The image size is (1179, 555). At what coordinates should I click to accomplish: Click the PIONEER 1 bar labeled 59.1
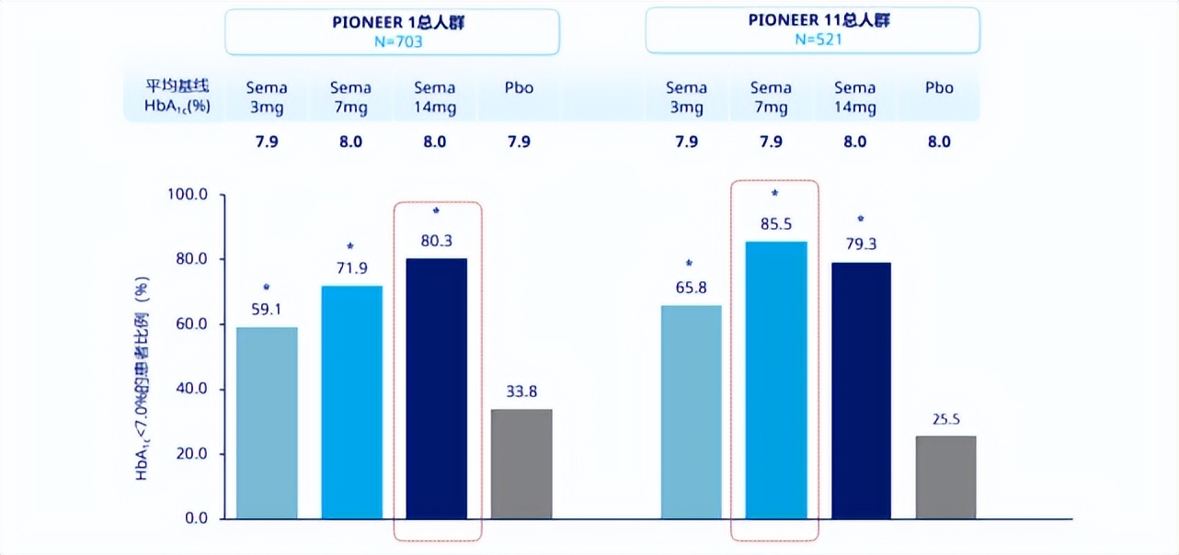(267, 423)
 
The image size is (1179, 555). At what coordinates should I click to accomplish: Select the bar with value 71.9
(351, 402)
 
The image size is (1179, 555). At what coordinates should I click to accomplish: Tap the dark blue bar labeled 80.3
(437, 389)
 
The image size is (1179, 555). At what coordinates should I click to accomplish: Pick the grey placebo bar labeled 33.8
(521, 464)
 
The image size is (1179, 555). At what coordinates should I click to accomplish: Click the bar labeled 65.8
(692, 412)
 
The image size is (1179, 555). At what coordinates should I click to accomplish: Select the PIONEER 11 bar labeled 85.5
(776, 379)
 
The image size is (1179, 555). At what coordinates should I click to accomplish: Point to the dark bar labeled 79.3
(861, 391)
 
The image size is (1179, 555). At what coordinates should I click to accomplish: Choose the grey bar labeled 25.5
(945, 477)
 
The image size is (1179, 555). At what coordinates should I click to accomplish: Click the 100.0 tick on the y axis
(187, 195)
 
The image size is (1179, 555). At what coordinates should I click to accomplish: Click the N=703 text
(393, 41)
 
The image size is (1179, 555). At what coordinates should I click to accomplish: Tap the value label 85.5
(775, 223)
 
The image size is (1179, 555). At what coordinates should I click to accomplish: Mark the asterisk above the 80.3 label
(436, 210)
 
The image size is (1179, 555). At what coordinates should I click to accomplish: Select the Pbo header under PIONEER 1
(519, 88)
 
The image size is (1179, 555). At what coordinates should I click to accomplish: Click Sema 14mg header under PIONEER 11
(854, 97)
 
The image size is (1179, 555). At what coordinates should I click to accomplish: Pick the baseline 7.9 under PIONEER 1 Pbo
(519, 142)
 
